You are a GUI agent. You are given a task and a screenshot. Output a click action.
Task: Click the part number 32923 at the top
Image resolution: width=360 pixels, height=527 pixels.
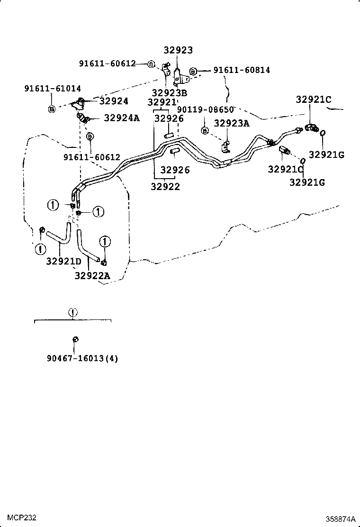pyautogui.click(x=179, y=50)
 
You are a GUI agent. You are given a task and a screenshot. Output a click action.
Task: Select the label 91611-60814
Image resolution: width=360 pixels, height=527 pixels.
pyautogui.click(x=242, y=70)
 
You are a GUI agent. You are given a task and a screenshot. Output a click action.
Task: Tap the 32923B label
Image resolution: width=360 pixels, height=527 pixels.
pyautogui.click(x=170, y=92)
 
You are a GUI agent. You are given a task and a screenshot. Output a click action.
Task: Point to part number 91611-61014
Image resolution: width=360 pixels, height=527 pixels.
pyautogui.click(x=53, y=88)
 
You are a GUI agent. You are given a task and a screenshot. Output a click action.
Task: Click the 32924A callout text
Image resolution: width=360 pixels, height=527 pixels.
pyautogui.click(x=122, y=118)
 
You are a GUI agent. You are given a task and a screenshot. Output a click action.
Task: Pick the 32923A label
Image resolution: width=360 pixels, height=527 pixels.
pyautogui.click(x=231, y=123)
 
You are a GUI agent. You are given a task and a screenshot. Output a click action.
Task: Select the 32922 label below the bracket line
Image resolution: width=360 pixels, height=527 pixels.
pyautogui.click(x=165, y=186)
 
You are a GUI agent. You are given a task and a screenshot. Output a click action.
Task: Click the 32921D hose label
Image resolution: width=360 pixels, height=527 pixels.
pyautogui.click(x=64, y=261)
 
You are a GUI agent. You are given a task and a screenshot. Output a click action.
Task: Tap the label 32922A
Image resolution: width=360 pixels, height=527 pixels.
pyautogui.click(x=92, y=275)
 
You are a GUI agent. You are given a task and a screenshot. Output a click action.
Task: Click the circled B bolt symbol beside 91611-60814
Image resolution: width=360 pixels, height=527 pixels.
pyautogui.click(x=194, y=71)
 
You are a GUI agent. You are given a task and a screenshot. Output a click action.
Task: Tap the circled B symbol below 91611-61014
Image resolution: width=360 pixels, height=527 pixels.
pyautogui.click(x=52, y=109)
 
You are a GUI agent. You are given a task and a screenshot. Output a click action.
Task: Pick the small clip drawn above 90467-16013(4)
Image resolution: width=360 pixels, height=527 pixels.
pyautogui.click(x=75, y=339)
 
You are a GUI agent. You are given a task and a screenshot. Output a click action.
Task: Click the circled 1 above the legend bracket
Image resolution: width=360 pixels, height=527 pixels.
pyautogui.click(x=72, y=312)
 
